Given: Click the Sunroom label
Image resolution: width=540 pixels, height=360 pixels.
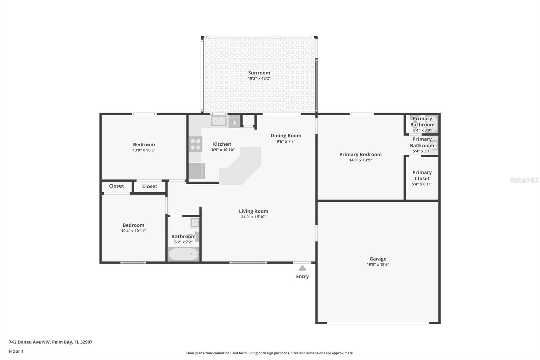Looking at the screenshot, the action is point(259,73).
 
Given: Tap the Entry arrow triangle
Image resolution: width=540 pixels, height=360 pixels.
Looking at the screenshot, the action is point(302,268).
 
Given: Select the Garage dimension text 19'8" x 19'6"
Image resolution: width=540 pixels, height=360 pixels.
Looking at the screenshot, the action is point(378,264).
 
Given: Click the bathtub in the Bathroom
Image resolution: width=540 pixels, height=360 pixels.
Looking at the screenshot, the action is point(184,254).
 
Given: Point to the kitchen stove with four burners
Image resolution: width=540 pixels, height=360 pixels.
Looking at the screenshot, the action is point(195,144).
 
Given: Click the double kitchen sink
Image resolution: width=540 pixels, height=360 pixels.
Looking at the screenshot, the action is point(219,121).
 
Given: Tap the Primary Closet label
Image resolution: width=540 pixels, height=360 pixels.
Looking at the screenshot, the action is point(422,175).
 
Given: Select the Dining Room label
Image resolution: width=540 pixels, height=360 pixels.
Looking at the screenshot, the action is point(286,136).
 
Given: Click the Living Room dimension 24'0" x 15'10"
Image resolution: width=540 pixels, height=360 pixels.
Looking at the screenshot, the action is point(253,217).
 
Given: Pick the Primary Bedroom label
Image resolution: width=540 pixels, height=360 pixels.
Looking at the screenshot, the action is point(360,154).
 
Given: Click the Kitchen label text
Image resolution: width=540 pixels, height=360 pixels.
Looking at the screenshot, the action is point(222,144).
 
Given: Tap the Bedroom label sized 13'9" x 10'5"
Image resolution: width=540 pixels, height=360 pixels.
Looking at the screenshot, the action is point(144,144).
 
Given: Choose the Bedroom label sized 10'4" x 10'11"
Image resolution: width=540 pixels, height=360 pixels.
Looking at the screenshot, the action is point(133,225).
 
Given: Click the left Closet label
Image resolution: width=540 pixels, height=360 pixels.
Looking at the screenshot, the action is point(116,186).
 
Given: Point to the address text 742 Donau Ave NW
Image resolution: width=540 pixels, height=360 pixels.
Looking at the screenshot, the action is point(29,342).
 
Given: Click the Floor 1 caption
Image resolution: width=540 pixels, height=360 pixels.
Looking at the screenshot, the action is point(16,351).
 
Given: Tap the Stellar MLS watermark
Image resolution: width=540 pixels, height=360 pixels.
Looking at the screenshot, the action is point(524,180).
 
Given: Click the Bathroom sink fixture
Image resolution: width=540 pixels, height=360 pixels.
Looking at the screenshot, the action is point(195,223).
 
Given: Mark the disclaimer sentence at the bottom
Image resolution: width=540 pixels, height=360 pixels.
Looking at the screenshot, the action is point(270,353).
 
